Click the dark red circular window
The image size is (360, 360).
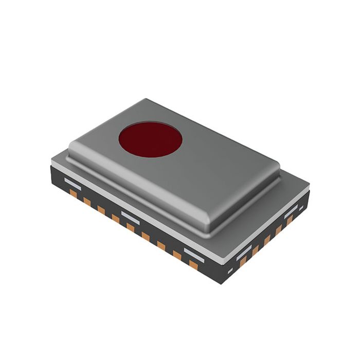click(x=150, y=139)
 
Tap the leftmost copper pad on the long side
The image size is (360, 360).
click(x=73, y=194)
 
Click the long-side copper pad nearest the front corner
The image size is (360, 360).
click(x=193, y=264)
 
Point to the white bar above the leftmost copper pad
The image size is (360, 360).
click(x=73, y=183)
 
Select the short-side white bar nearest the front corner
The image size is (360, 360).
click(x=244, y=251)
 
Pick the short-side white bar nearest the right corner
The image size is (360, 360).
click(x=291, y=211)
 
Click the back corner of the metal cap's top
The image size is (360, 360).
click(x=146, y=100)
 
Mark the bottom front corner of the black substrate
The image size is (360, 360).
click(x=222, y=283)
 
